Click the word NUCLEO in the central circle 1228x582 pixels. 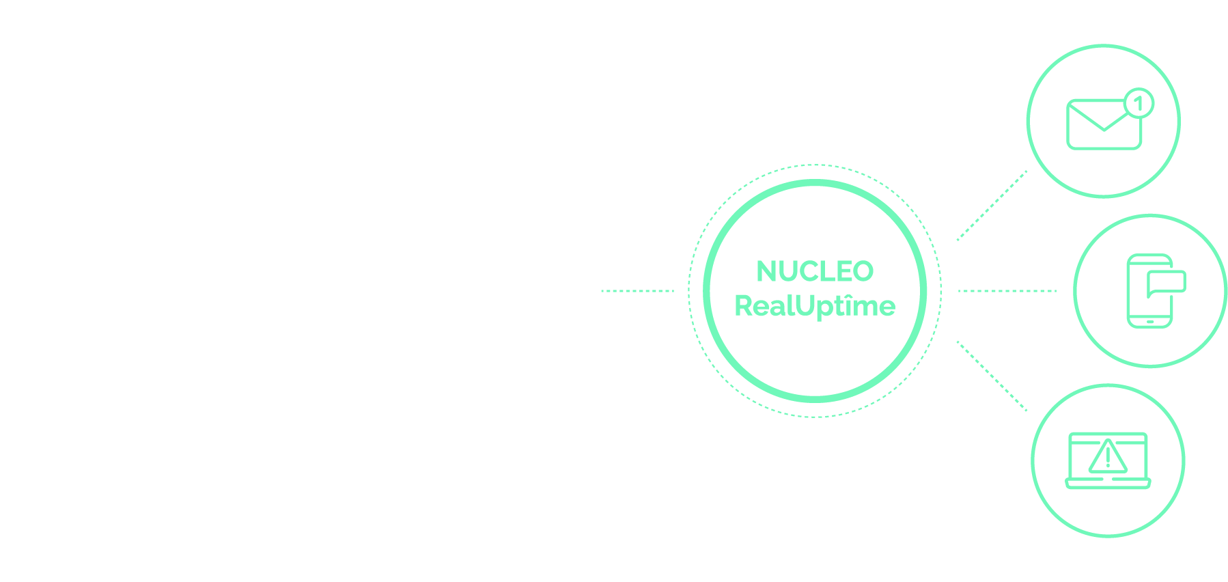(x=815, y=271)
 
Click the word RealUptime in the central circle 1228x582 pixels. (x=815, y=305)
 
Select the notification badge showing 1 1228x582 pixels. (x=1139, y=104)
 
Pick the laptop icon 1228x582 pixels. (x=1108, y=460)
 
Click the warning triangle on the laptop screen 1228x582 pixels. (x=1108, y=457)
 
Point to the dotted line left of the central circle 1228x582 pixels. (x=637, y=291)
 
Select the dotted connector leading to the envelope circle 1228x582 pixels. (x=992, y=206)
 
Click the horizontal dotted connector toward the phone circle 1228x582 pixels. (x=1007, y=291)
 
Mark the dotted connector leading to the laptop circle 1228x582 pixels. (x=992, y=376)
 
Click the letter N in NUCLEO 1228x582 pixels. (x=767, y=271)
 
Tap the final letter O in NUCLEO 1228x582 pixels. (x=863, y=271)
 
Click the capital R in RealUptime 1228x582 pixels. (x=743, y=305)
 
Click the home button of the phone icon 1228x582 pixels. (x=1149, y=322)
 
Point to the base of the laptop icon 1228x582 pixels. (x=1108, y=484)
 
